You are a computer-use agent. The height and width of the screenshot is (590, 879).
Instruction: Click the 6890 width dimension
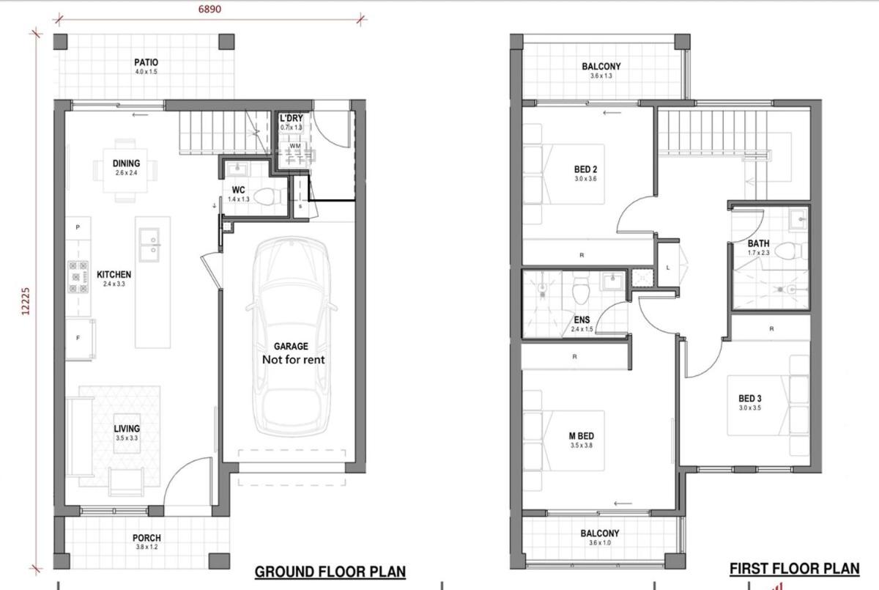[x=209, y=9]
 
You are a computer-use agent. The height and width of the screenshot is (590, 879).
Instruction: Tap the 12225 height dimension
[x=26, y=301]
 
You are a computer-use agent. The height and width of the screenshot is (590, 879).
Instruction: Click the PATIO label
[x=146, y=62]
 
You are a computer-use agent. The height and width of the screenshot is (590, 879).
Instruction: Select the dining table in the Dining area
[x=125, y=170]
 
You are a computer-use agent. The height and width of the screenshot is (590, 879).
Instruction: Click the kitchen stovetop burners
[x=78, y=277]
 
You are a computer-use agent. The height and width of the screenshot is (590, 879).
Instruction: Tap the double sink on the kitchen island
[x=149, y=245]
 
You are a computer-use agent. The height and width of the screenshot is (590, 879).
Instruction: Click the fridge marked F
[x=80, y=339]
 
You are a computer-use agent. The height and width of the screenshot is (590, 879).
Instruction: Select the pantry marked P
[x=78, y=228]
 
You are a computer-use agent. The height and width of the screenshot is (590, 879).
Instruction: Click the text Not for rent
[x=294, y=360]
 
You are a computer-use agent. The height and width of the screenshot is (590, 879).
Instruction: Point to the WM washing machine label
[x=295, y=146]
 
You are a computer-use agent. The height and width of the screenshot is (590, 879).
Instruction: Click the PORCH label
[x=146, y=538]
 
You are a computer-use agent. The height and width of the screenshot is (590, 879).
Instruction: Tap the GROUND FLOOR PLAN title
[x=330, y=572]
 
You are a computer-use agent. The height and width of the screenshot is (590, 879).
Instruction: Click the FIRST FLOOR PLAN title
[x=795, y=569]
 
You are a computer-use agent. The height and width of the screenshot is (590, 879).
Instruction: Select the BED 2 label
[x=585, y=169]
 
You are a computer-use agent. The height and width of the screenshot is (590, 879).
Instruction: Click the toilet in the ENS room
[x=580, y=290]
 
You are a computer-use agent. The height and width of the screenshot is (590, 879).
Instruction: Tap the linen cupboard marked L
[x=668, y=268]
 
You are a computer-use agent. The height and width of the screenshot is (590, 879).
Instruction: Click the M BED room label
[x=581, y=436]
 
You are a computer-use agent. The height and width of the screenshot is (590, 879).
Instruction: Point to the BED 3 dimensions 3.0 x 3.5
[x=750, y=408]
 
